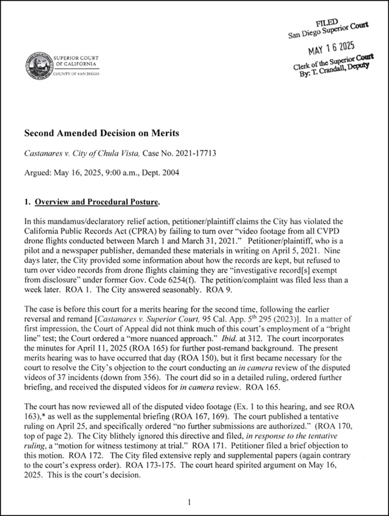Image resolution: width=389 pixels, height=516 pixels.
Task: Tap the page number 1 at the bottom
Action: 187,502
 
